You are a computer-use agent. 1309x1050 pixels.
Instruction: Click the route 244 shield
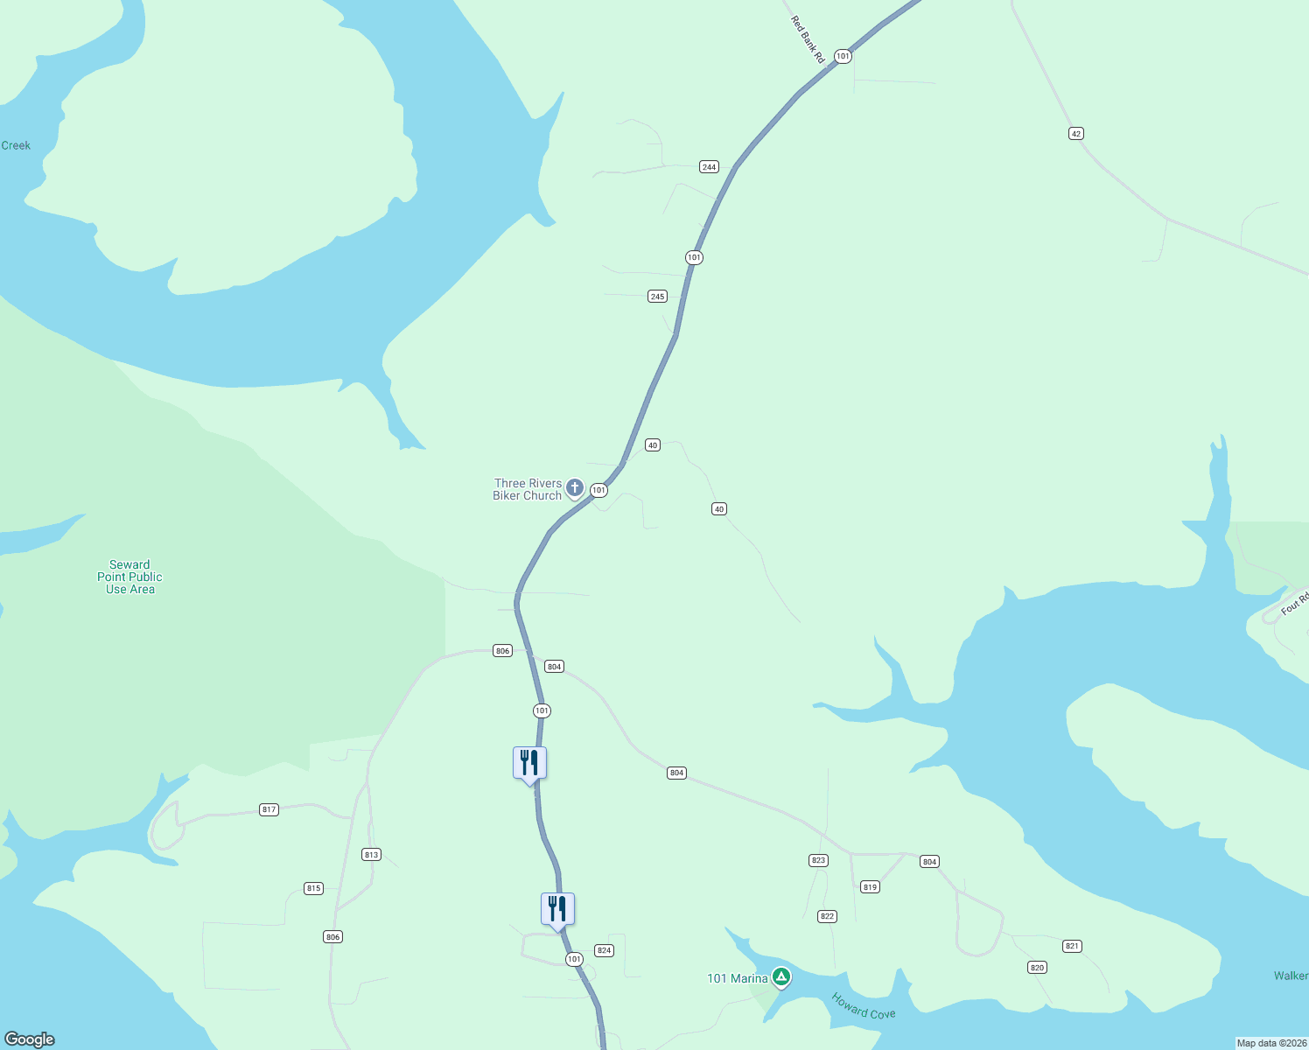tap(709, 167)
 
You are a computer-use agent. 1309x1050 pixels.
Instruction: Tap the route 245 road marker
tap(657, 297)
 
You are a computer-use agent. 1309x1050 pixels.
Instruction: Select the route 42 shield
tap(1075, 134)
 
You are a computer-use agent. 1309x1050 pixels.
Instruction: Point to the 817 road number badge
tap(269, 810)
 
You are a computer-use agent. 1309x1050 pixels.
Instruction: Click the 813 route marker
tap(371, 855)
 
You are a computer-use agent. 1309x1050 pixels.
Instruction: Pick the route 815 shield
tap(313, 889)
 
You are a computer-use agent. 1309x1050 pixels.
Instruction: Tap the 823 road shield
tap(818, 861)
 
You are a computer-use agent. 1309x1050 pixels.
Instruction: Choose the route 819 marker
tap(870, 887)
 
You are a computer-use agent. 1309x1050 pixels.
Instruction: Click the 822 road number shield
tap(827, 917)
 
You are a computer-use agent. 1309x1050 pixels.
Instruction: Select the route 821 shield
tap(1072, 946)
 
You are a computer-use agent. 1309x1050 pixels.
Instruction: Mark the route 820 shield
tap(1037, 968)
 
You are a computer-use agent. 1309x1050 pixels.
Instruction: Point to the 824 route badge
tap(604, 950)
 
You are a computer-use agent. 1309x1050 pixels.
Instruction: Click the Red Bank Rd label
tap(808, 39)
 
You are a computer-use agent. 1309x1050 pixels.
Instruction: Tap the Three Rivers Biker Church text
tap(528, 489)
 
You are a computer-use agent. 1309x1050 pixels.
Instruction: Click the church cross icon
tap(575, 487)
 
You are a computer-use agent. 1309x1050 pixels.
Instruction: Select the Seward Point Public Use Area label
tap(129, 577)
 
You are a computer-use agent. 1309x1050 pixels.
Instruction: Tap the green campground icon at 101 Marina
tap(781, 977)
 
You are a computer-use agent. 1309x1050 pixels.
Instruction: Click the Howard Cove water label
tap(864, 1006)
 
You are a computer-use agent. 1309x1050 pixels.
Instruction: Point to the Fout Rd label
tap(1295, 603)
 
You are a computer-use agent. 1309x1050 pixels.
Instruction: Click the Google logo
tap(30, 1039)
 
